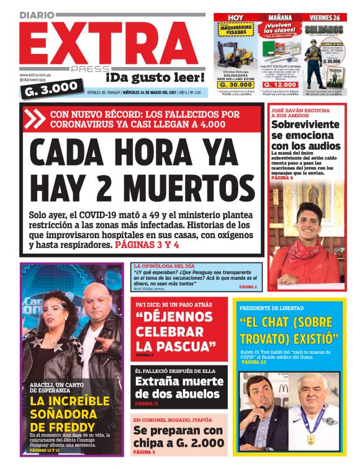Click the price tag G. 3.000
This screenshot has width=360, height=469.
50,88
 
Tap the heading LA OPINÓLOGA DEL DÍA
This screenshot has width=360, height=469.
161,266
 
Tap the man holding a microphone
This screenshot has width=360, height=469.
261,404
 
